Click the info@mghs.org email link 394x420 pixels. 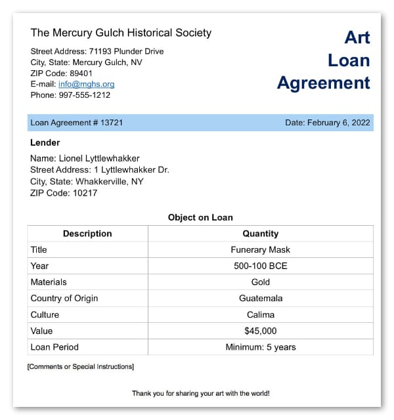coord(86,84)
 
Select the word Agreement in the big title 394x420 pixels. coord(323,83)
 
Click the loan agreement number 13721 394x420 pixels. coord(112,123)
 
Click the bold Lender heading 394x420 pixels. coord(45,142)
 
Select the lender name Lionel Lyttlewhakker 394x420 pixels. coord(99,158)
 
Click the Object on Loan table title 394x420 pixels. coord(200,217)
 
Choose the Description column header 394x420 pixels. coord(87,234)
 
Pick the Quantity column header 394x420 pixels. coord(260,234)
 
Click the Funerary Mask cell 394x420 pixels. coord(260,250)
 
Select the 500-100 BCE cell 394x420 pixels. coord(260,266)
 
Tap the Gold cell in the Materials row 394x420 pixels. coord(260,282)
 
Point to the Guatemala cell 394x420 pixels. coord(260,298)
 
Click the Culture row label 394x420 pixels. coord(45,314)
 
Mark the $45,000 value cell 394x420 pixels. coord(260,331)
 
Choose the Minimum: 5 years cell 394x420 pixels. coord(260,347)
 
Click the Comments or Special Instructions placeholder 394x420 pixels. coord(80,366)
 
